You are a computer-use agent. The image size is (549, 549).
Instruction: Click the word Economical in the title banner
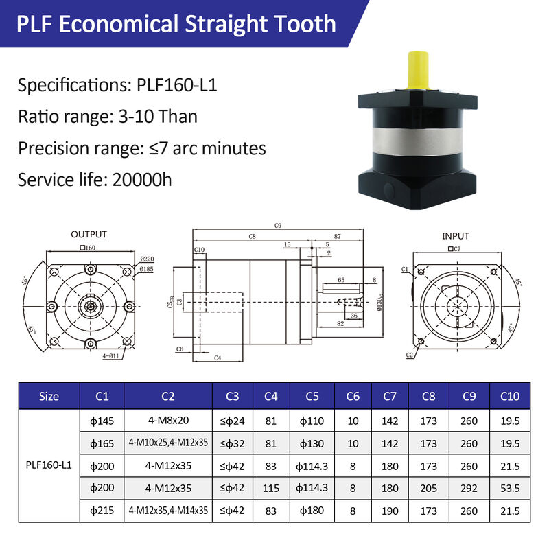point(120,25)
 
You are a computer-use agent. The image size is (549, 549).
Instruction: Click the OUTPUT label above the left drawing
point(89,235)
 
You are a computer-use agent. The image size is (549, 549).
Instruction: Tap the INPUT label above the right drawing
point(456,236)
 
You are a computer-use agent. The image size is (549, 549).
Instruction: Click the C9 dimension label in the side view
point(278,225)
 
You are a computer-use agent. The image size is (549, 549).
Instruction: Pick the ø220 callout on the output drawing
point(147,259)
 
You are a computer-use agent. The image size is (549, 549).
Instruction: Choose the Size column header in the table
point(49,396)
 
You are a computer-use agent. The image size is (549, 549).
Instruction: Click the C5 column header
point(312,396)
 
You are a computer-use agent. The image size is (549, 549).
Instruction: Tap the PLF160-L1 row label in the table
point(49,465)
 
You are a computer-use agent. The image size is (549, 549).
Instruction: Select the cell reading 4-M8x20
point(168,420)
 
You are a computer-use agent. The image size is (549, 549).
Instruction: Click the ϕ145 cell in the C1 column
point(102,420)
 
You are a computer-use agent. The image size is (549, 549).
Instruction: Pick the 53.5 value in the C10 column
point(510,488)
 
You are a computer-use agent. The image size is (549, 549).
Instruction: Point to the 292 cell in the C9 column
point(469,488)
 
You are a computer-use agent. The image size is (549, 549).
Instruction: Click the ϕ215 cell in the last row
point(102,511)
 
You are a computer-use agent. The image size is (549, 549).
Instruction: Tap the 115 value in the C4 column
point(271,488)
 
